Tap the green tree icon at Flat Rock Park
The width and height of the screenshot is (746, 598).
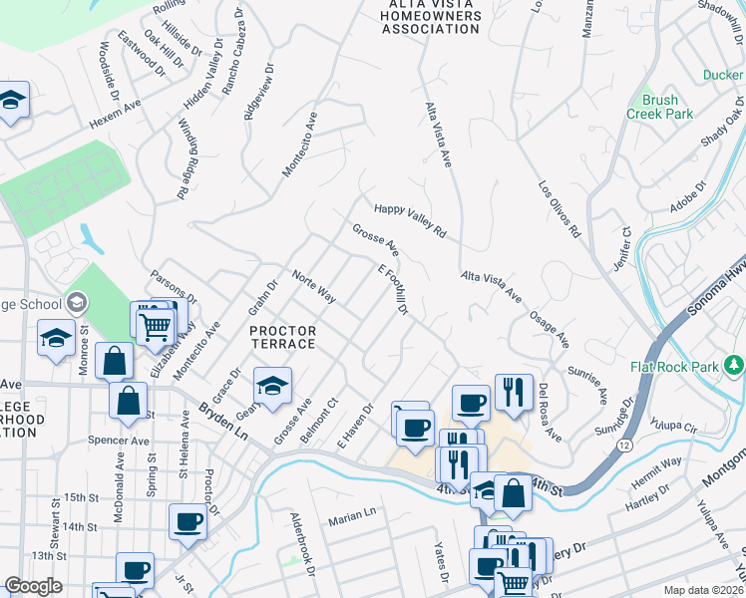(x=734, y=366)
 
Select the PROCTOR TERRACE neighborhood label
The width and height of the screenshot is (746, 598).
(x=282, y=337)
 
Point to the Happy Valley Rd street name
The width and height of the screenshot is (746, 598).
(x=409, y=220)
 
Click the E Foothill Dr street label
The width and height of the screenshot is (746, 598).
(x=393, y=290)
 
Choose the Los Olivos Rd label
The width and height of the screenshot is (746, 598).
(x=559, y=208)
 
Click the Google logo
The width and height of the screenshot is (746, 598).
(x=33, y=586)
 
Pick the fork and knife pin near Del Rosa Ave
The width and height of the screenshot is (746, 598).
(x=513, y=391)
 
